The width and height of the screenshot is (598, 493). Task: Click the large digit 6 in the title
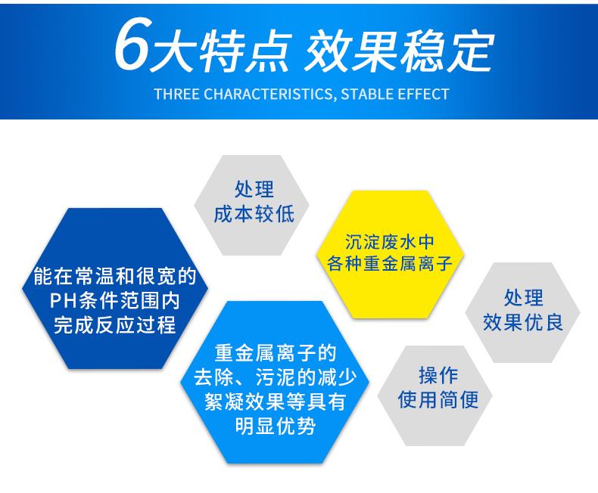[x=133, y=48]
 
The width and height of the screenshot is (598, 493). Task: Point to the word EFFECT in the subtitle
[x=422, y=95]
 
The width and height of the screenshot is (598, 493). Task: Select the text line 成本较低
[x=254, y=214]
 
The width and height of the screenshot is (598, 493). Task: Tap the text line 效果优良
[x=522, y=322]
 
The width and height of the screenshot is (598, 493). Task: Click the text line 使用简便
[x=438, y=399]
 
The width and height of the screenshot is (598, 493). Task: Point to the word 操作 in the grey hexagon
[x=438, y=375]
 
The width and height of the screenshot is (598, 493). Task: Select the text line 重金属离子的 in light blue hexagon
[x=274, y=353]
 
